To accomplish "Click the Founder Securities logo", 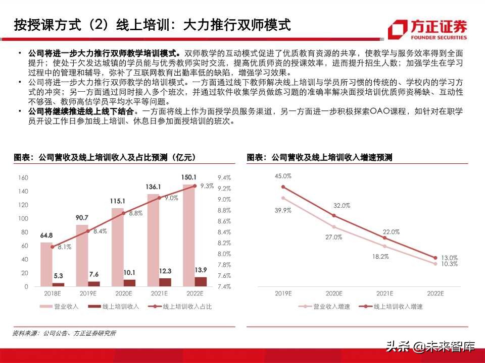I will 427,29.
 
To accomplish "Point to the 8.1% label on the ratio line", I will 64,248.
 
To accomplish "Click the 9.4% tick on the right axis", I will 224,177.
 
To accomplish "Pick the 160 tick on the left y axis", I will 23,177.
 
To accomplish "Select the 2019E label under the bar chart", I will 88,293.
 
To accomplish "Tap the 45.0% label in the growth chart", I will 283,176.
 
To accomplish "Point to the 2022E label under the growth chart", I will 435,293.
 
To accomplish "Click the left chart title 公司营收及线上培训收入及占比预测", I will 105,158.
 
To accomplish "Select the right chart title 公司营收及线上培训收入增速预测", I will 319,158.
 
